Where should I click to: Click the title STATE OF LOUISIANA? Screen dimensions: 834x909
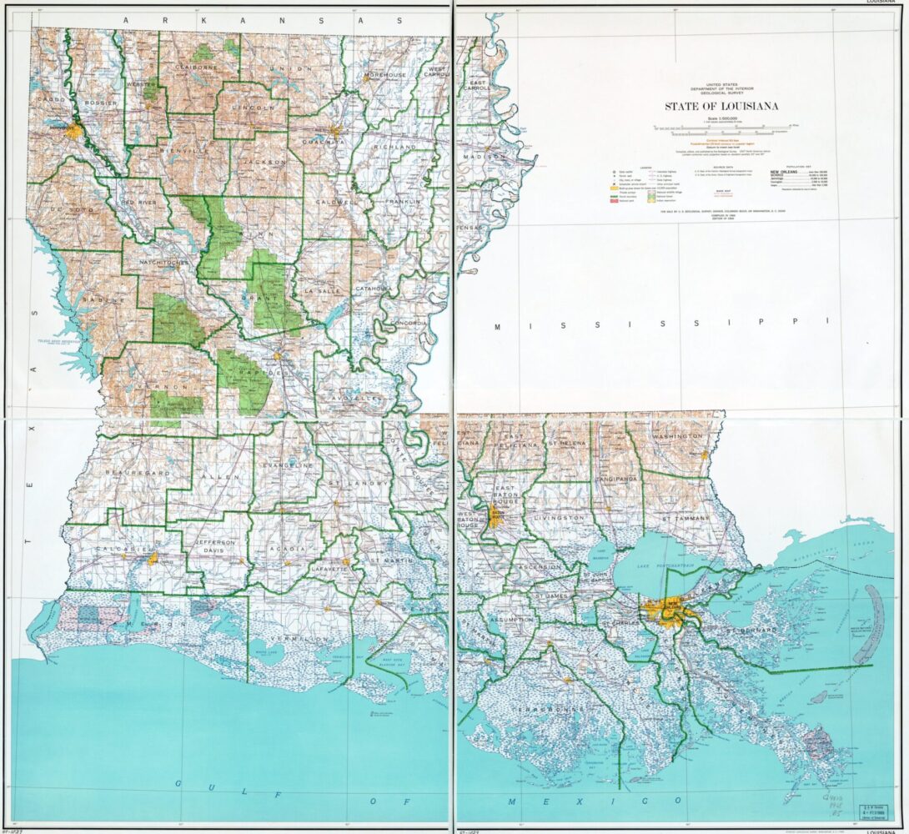[x=710, y=106]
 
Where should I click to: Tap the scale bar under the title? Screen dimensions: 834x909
[x=709, y=128]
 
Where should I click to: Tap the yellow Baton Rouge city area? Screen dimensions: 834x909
[x=496, y=518]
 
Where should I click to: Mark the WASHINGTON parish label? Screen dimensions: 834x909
[x=677, y=436]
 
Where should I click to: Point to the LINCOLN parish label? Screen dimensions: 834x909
[x=253, y=108]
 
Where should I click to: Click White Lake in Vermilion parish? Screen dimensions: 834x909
[x=267, y=648]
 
